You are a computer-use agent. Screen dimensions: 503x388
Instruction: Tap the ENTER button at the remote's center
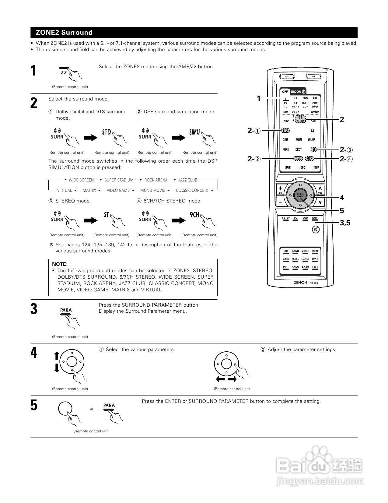pyautogui.click(x=300, y=195)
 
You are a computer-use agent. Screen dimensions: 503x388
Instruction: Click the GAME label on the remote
pyautogui.click(x=312, y=140)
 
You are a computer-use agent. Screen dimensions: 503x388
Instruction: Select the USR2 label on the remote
pyautogui.click(x=302, y=168)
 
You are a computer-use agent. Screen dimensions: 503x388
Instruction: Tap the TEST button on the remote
pyautogui.click(x=315, y=267)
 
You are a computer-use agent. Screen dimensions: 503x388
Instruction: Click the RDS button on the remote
pyautogui.click(x=286, y=251)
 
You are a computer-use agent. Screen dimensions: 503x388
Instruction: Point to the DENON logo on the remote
pyautogui.click(x=300, y=283)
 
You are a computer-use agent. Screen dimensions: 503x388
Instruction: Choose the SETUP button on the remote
pyautogui.click(x=286, y=218)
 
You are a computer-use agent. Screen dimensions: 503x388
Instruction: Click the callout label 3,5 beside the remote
pyautogui.click(x=345, y=223)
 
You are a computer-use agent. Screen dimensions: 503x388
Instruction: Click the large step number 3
pyautogui.click(x=34, y=309)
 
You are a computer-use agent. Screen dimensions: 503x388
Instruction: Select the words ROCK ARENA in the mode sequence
pyautogui.click(x=156, y=180)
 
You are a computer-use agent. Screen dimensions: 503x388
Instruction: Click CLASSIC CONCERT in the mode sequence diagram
pyautogui.click(x=192, y=190)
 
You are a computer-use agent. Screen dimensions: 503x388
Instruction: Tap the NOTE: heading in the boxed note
pyautogui.click(x=60, y=264)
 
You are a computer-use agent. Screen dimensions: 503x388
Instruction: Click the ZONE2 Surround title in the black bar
pyautogui.click(x=64, y=32)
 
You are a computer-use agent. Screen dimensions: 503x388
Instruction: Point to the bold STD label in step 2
pyautogui.click(x=107, y=132)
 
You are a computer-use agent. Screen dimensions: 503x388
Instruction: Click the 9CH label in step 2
pyautogui.click(x=194, y=215)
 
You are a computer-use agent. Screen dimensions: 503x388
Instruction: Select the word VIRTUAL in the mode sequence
pyautogui.click(x=65, y=190)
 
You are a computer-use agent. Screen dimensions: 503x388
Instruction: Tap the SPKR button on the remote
pyautogui.click(x=315, y=259)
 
